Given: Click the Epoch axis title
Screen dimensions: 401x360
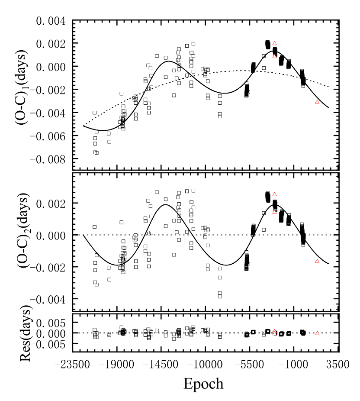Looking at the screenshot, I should pyautogui.click(x=204, y=383).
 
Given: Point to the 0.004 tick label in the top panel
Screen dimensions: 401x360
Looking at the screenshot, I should pyautogui.click(x=49, y=21).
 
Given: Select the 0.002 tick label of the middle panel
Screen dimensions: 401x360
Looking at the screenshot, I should pyautogui.click(x=49, y=203).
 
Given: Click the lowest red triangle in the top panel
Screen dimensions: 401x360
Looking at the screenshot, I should pyautogui.click(x=317, y=102).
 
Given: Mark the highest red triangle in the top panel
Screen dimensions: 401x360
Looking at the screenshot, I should pyautogui.click(x=274, y=43).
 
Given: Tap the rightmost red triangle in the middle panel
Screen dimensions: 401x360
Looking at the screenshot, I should pyautogui.click(x=317, y=261).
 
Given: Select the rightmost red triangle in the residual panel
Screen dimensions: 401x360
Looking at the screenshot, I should pyautogui.click(x=317, y=333).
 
